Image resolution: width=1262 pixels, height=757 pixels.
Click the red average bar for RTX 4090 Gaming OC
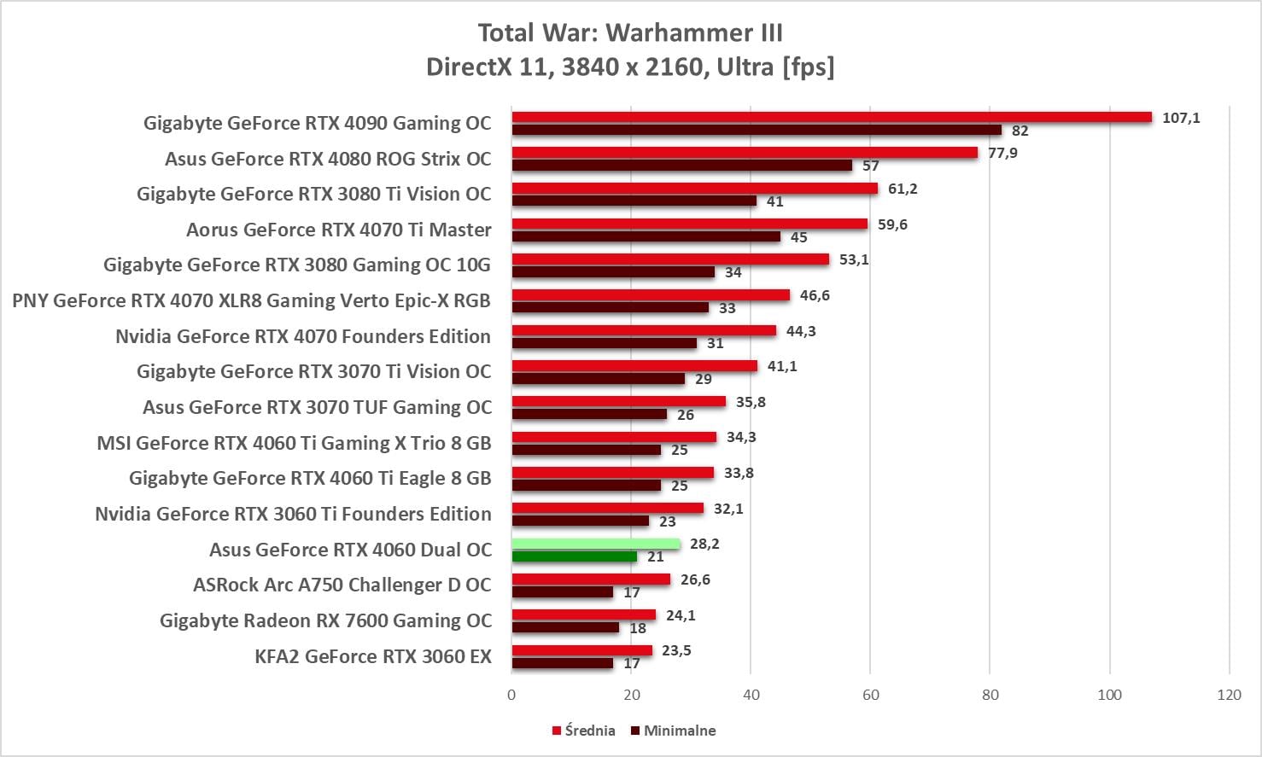pos(832,117)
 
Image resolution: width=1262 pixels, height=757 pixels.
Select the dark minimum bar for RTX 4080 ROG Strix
pos(681,166)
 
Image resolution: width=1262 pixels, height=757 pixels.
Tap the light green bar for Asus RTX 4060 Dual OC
pos(596,544)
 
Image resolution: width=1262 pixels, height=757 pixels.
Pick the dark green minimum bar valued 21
pos(574,556)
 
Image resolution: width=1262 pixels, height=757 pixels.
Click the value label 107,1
pos(1181,118)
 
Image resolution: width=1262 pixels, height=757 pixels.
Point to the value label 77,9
pos(1002,153)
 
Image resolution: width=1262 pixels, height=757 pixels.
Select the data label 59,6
pos(892,224)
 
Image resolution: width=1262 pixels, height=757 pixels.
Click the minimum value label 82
pos(1020,131)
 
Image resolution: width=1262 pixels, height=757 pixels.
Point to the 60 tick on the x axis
pos(870,695)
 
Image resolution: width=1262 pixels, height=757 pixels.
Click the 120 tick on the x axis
pos(1229,695)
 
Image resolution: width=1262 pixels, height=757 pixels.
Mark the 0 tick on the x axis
pos(511,695)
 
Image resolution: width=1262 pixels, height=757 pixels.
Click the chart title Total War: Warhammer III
pos(630,32)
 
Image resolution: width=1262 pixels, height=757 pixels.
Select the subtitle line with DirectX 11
pos(630,67)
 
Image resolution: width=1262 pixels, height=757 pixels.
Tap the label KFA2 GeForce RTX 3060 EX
pos(373,656)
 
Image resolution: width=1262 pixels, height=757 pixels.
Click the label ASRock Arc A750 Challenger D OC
pos(342,585)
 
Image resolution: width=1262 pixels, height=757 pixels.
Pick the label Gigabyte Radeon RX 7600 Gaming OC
pos(325,620)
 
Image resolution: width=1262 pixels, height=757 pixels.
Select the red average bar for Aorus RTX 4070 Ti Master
pos(689,224)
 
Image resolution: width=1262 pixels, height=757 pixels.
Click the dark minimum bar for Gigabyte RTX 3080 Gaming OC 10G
pos(613,272)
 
